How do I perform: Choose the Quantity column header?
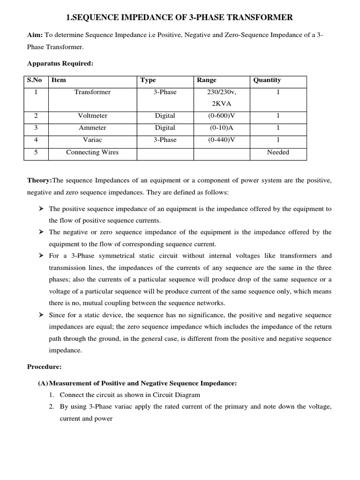click(x=267, y=80)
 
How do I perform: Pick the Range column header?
click(x=207, y=80)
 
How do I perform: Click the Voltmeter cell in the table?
click(x=92, y=115)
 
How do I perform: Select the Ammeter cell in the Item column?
click(x=92, y=127)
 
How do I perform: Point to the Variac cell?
click(x=92, y=140)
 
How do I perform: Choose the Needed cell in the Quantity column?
click(x=278, y=152)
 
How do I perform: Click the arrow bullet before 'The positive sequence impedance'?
click(x=41, y=209)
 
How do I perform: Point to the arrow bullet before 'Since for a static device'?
click(x=41, y=315)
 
